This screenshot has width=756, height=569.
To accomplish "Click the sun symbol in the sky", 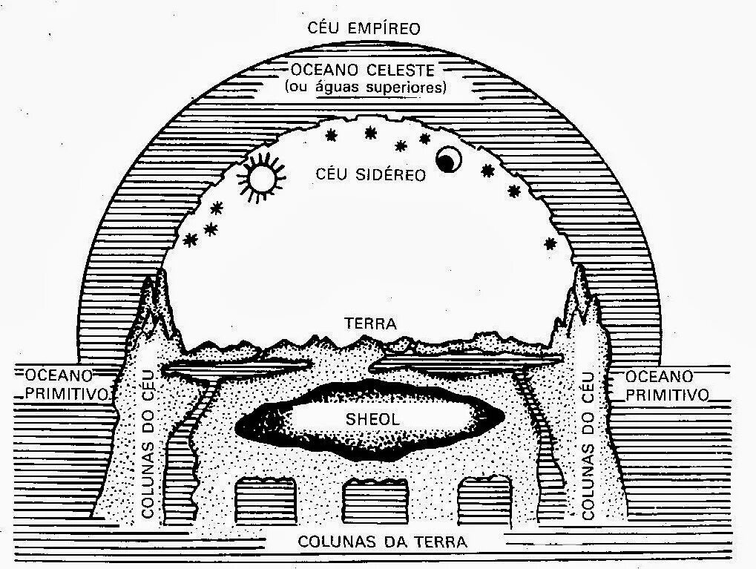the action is pyautogui.click(x=261, y=178).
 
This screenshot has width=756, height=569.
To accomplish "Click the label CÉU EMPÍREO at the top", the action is pyautogui.click(x=364, y=30).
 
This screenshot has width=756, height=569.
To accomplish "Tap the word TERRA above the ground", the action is pyautogui.click(x=371, y=324).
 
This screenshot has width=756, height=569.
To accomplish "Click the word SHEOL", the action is pyautogui.click(x=372, y=419).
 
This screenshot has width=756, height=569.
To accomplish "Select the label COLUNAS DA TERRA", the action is pyautogui.click(x=383, y=542).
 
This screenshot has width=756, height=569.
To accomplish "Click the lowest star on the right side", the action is pyautogui.click(x=550, y=244).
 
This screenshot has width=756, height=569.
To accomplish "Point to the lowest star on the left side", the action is pyautogui.click(x=191, y=240).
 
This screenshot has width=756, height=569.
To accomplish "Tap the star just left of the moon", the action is pyautogui.click(x=425, y=139).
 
